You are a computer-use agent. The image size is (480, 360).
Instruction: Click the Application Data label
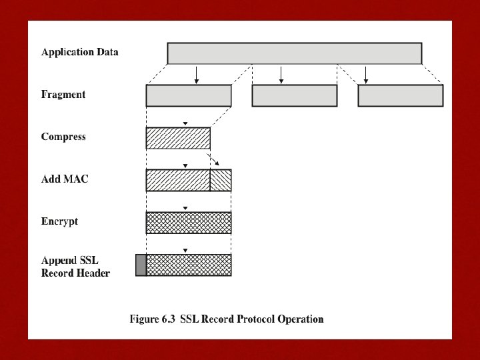point(79,52)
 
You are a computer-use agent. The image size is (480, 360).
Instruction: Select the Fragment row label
point(63,95)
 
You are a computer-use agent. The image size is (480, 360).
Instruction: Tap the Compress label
point(63,137)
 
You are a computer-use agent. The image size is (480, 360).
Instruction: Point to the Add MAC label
point(65,179)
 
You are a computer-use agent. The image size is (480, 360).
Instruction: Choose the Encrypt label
point(59,221)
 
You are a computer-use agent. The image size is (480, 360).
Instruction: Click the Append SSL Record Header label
point(75,267)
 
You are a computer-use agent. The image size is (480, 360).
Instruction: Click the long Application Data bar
point(294,53)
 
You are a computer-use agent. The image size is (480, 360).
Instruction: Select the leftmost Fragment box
point(189,96)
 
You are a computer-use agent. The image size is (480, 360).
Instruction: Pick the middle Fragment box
point(294,96)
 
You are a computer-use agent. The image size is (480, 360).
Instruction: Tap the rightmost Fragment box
point(400,96)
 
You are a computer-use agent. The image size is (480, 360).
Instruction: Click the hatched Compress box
point(178,138)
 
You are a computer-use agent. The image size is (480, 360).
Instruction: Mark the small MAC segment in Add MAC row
point(221,180)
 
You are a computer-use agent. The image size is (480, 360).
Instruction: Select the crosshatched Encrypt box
point(189,223)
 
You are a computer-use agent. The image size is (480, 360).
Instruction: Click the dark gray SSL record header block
point(141,265)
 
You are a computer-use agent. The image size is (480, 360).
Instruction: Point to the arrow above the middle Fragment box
point(281,75)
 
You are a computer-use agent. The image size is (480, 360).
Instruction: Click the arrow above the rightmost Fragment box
point(365,75)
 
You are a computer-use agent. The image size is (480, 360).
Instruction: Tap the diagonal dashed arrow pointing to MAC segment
point(214,161)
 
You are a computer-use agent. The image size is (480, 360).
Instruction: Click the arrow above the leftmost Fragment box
point(197,75)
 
